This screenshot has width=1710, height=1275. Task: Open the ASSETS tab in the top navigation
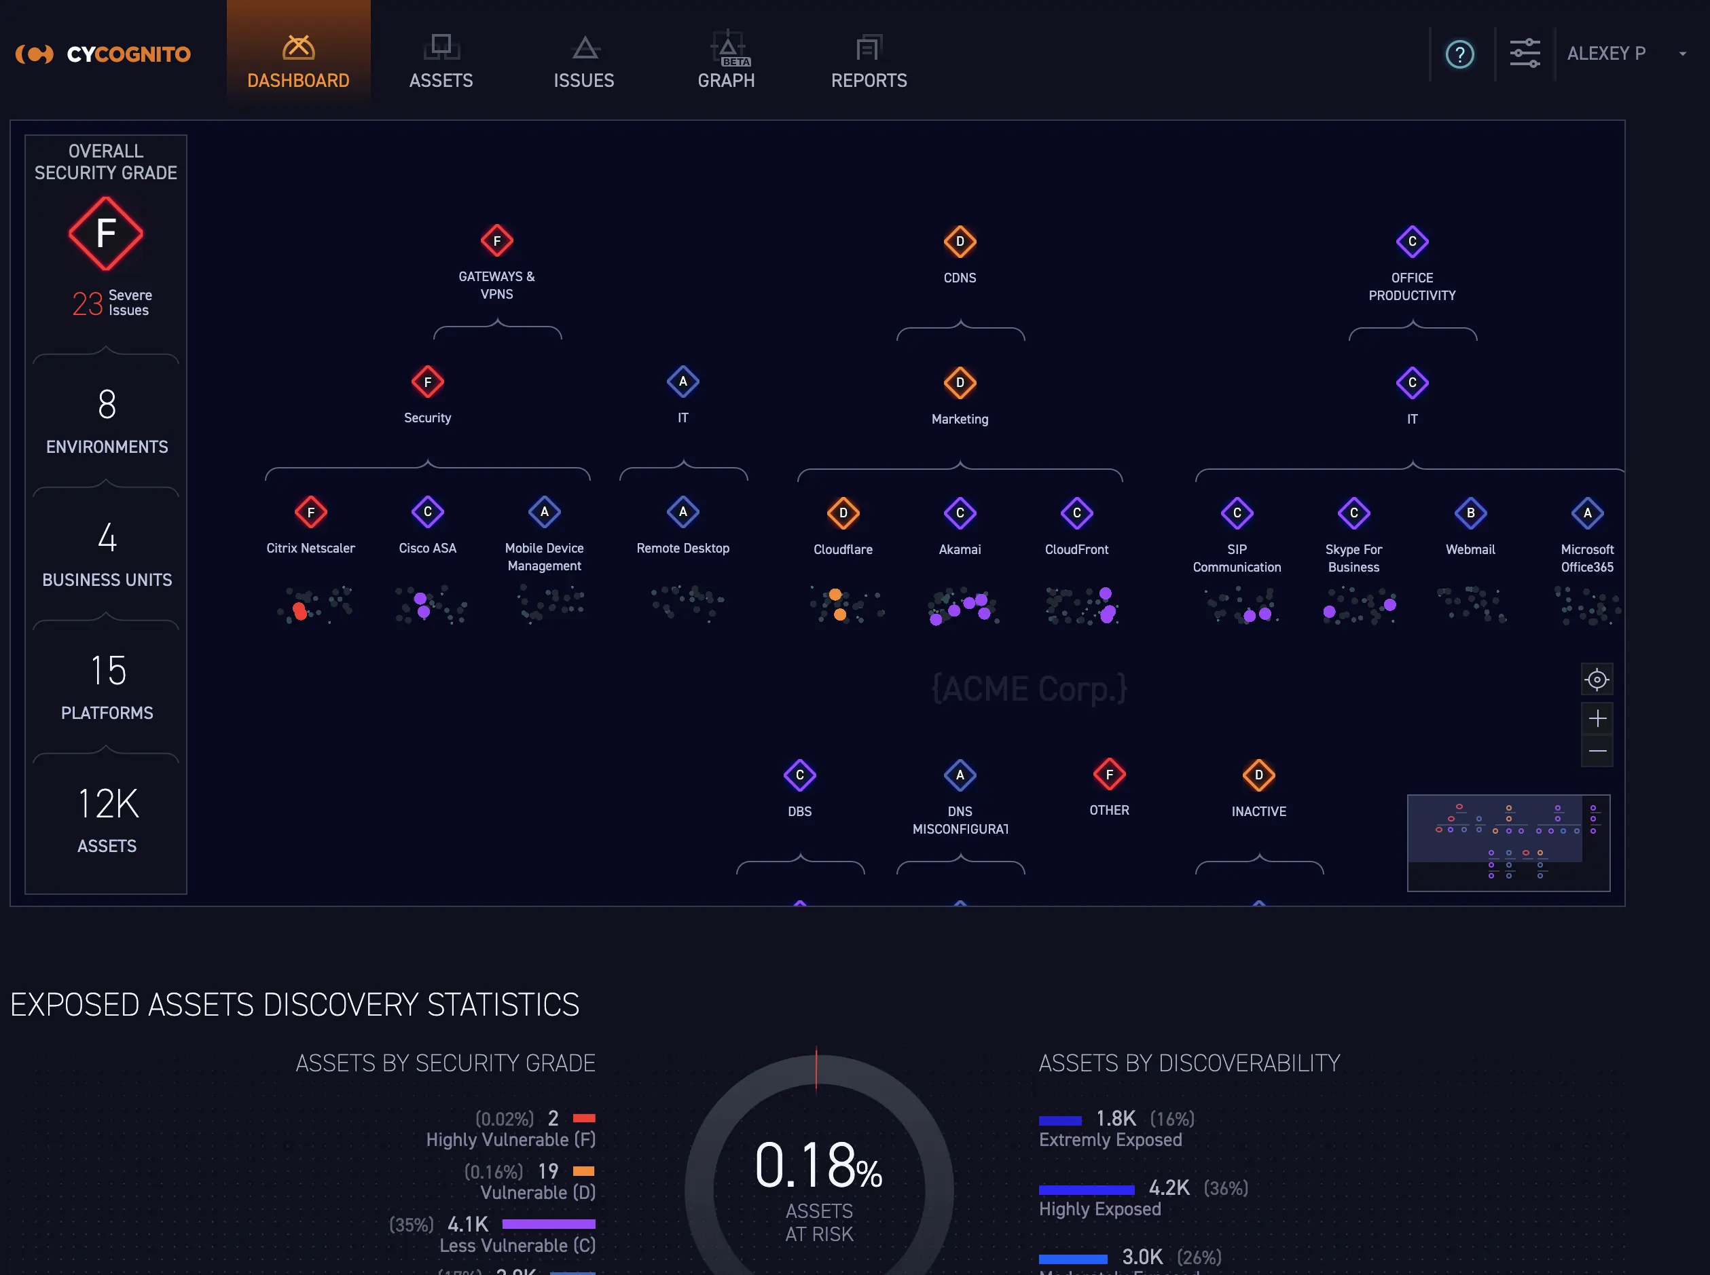pos(441,61)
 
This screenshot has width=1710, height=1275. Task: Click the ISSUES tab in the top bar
pos(583,61)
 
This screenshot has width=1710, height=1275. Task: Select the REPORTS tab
pos(869,61)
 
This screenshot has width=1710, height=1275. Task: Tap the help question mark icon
pos(1459,54)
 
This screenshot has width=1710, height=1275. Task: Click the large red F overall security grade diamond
pos(106,233)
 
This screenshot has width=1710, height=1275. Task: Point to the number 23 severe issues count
pos(87,303)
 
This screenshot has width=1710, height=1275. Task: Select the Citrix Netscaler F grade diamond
pos(310,513)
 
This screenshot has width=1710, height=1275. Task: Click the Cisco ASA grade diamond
pos(427,512)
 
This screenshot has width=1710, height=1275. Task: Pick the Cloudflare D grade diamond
pos(843,513)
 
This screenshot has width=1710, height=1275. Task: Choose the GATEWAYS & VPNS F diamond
pos(496,241)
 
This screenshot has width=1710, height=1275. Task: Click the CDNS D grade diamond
pos(960,242)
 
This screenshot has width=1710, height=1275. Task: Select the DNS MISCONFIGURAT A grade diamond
pos(960,775)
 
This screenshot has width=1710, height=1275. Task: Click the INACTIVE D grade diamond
pos(1258,775)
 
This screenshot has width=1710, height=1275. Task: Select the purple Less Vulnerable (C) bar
pos(548,1224)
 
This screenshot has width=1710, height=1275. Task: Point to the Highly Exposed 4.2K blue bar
pos(1086,1189)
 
